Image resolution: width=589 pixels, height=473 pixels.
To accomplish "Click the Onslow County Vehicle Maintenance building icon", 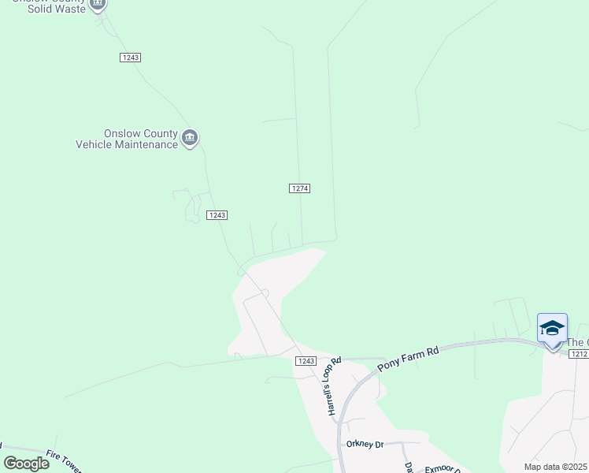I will click(x=190, y=138).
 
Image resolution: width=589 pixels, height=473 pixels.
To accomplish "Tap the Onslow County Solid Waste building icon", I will click(x=98, y=4).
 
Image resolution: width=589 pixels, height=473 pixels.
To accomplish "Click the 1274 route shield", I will click(x=299, y=188).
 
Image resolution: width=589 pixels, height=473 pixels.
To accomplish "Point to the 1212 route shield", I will click(x=579, y=354).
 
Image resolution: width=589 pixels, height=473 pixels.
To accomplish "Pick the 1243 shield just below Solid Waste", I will click(x=131, y=58).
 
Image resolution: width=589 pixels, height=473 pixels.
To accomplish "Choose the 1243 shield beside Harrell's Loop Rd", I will click(x=306, y=360).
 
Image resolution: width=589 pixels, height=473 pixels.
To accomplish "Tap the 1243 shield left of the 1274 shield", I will click(x=217, y=215).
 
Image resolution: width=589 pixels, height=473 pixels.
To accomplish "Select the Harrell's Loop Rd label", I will click(x=334, y=385).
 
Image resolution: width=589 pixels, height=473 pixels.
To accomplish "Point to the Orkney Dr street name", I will click(x=365, y=445).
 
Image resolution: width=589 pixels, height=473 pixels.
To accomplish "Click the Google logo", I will click(x=26, y=463).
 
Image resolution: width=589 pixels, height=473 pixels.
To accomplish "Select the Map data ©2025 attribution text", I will click(x=555, y=467).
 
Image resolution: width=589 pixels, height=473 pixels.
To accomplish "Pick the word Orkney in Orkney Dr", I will click(x=359, y=445).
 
